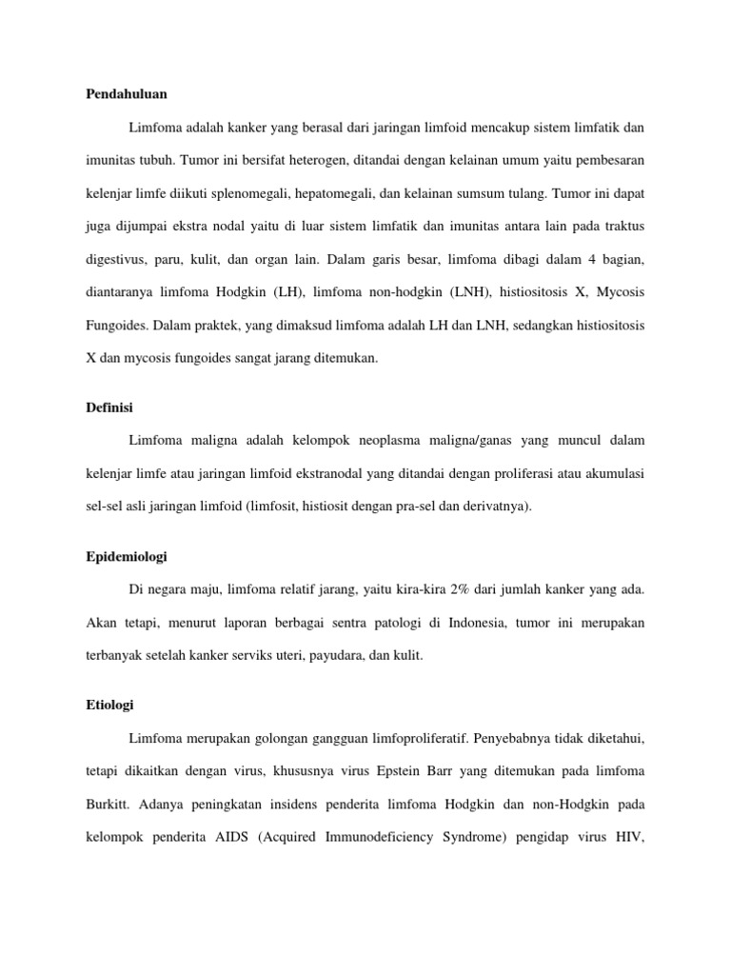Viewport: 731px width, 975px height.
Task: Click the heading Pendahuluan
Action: [x=127, y=93]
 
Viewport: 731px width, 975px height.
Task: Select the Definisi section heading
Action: [x=110, y=407]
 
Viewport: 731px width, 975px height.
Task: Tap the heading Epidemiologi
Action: [x=127, y=556]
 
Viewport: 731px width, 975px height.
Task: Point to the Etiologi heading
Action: [x=110, y=705]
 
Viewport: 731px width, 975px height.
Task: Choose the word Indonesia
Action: [x=452, y=623]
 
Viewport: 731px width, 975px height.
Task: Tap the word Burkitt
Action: [x=103, y=805]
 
